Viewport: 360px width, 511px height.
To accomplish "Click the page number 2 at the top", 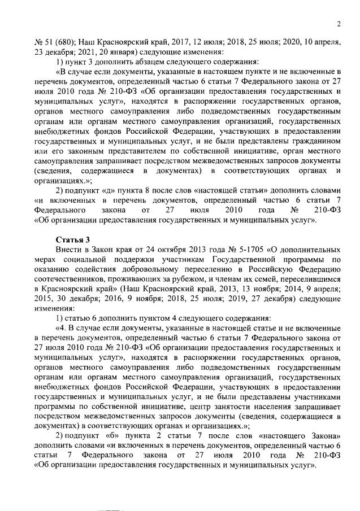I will point(337,24).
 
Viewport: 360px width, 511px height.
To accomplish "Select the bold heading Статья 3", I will point(72,241).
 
